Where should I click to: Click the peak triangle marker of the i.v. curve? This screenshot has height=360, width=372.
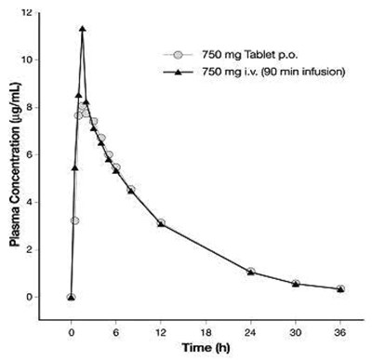click(x=83, y=29)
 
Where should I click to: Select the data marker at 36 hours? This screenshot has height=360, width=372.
click(x=340, y=288)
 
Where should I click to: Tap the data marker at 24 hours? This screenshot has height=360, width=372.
click(x=251, y=272)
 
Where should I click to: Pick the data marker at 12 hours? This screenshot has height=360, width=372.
click(x=161, y=223)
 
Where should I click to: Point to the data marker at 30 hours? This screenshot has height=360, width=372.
click(x=296, y=283)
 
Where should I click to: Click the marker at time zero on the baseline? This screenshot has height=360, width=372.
click(x=71, y=297)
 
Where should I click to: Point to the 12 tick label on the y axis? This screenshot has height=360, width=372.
click(x=54, y=12)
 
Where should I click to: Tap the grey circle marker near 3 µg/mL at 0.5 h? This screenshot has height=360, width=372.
click(x=74, y=220)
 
